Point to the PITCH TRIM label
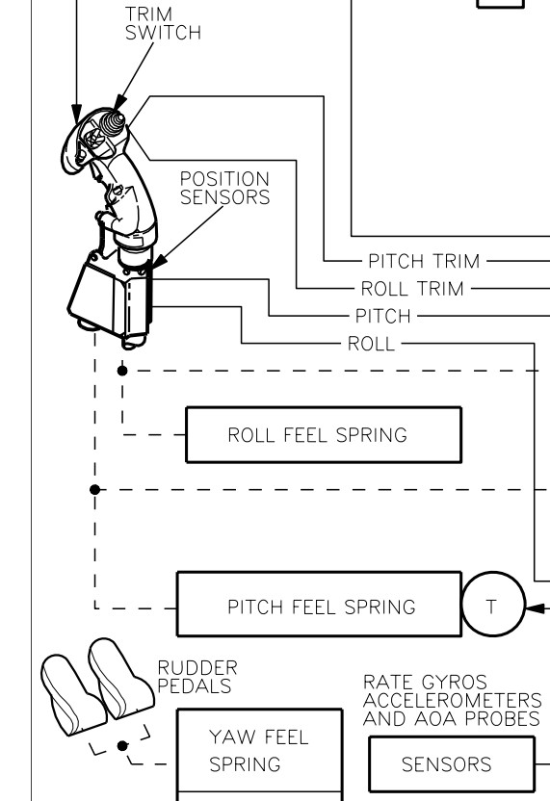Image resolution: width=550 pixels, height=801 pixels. click(x=424, y=261)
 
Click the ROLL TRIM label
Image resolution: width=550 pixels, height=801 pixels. click(x=412, y=289)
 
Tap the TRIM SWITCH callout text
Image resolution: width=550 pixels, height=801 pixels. click(x=163, y=23)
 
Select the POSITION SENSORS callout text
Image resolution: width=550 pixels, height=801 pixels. click(x=224, y=188)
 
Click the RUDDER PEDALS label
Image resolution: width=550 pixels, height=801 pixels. click(x=197, y=677)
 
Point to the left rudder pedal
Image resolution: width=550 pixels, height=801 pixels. click(x=71, y=695)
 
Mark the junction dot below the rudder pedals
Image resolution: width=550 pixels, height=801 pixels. click(x=122, y=746)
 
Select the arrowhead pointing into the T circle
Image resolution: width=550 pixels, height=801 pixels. click(x=535, y=608)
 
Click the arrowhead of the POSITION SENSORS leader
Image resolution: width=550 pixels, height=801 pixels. click(x=159, y=262)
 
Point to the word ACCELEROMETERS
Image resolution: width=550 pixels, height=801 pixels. click(x=452, y=700)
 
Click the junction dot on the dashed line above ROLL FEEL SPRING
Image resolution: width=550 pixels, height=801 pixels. click(x=122, y=371)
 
